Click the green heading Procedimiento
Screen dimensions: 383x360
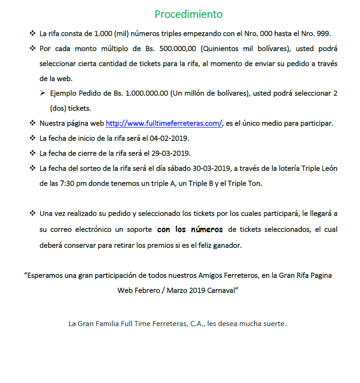point(188,14)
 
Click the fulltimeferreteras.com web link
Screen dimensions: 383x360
point(164,123)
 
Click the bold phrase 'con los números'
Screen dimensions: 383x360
point(190,230)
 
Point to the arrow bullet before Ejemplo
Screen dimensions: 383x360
point(42,93)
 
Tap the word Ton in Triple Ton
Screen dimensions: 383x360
point(256,184)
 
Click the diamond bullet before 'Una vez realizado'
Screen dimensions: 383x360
point(32,213)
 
